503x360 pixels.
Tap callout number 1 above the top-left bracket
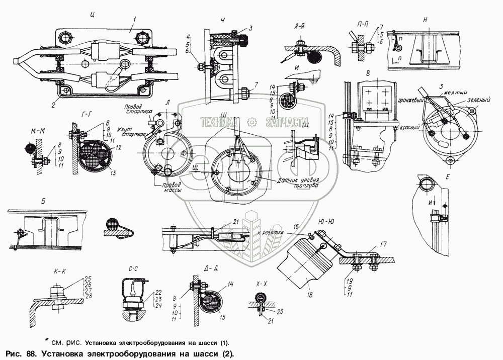[x=134, y=20]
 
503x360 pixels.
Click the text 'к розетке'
[x=271, y=233]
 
